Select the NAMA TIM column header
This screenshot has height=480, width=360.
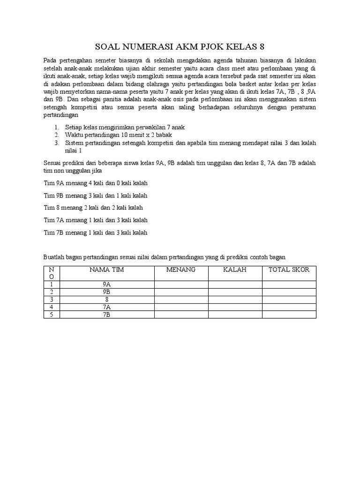point(106,270)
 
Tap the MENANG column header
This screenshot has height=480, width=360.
point(181,270)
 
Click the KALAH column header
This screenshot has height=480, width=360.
point(235,270)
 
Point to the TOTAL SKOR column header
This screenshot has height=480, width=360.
point(289,270)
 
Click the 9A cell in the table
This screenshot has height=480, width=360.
point(106,285)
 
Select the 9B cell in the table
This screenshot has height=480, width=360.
point(106,292)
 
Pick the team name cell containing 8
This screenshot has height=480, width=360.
point(106,300)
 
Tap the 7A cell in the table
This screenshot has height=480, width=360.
point(106,307)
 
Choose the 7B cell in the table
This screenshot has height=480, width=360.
point(106,315)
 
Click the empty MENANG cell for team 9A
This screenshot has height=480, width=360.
point(181,285)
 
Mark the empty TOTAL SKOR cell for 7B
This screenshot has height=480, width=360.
point(289,315)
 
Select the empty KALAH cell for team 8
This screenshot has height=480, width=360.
point(235,300)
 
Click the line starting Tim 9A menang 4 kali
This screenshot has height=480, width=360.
point(96,183)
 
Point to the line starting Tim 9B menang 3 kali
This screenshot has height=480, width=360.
point(96,195)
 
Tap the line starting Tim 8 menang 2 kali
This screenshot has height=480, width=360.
point(93,207)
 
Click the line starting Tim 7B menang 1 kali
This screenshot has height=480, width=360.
point(96,232)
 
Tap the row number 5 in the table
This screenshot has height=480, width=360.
point(52,315)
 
